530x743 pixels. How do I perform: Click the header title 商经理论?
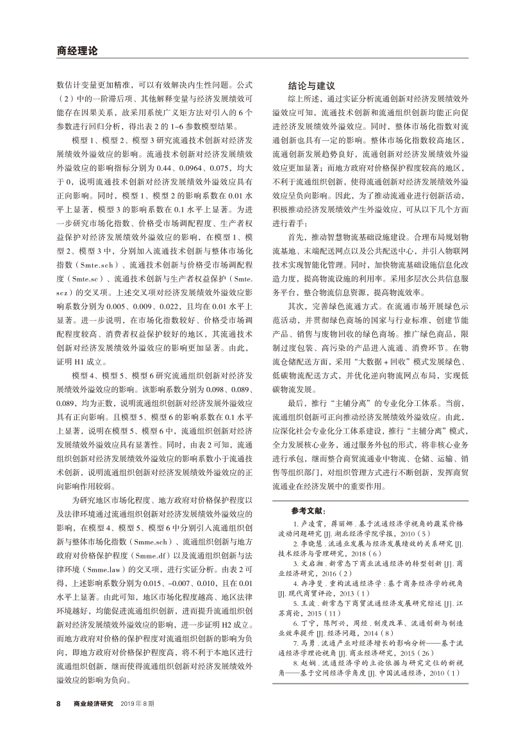tap(76, 51)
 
